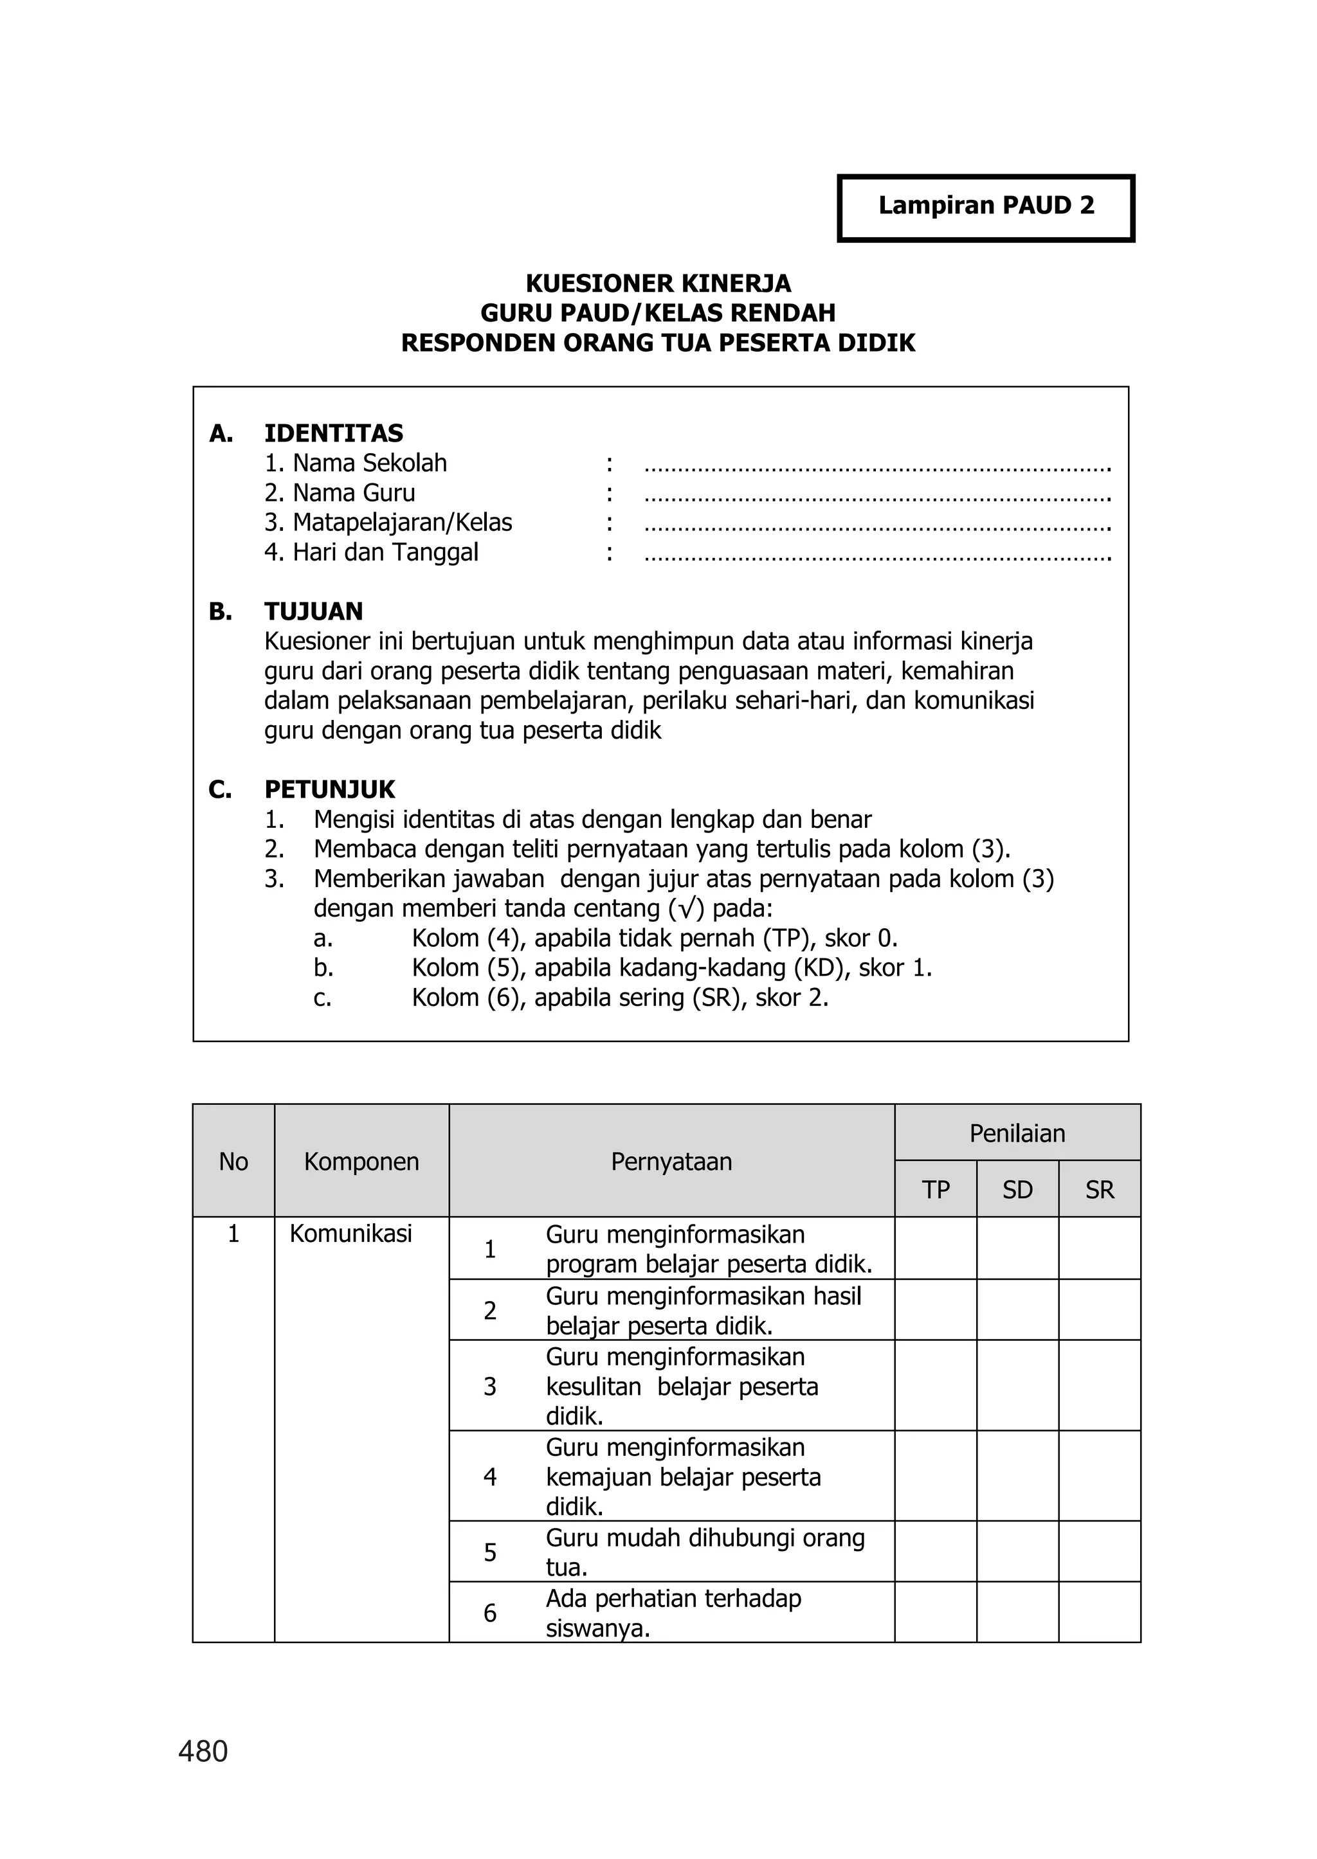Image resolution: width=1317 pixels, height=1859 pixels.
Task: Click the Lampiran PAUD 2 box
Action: pyautogui.click(x=985, y=208)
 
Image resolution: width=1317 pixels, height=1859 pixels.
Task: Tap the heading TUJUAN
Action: pyautogui.click(x=313, y=611)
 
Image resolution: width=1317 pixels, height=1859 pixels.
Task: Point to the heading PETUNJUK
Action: pyautogui.click(x=329, y=789)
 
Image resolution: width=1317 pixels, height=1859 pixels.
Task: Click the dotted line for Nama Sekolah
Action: pyautogui.click(x=876, y=465)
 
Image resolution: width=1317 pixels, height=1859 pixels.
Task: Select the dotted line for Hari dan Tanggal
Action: pyautogui.click(x=876, y=555)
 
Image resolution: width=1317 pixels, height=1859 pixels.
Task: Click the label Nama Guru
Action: pyautogui.click(x=340, y=493)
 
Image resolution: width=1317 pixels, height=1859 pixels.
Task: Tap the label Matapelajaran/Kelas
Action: pyautogui.click(x=388, y=523)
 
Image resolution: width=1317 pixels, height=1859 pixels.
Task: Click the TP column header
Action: pyautogui.click(x=935, y=1189)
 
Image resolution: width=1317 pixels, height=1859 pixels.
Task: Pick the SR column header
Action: pyautogui.click(x=1100, y=1189)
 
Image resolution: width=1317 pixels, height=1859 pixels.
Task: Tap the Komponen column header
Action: pyautogui.click(x=361, y=1162)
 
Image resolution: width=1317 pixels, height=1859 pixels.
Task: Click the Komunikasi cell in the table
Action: pyautogui.click(x=351, y=1234)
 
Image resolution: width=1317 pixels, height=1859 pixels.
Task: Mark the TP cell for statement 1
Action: pyautogui.click(x=935, y=1248)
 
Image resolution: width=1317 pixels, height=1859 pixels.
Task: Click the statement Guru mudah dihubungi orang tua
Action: pyautogui.click(x=704, y=1552)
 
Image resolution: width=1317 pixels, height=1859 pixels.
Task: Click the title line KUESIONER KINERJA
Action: pyautogui.click(x=658, y=283)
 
